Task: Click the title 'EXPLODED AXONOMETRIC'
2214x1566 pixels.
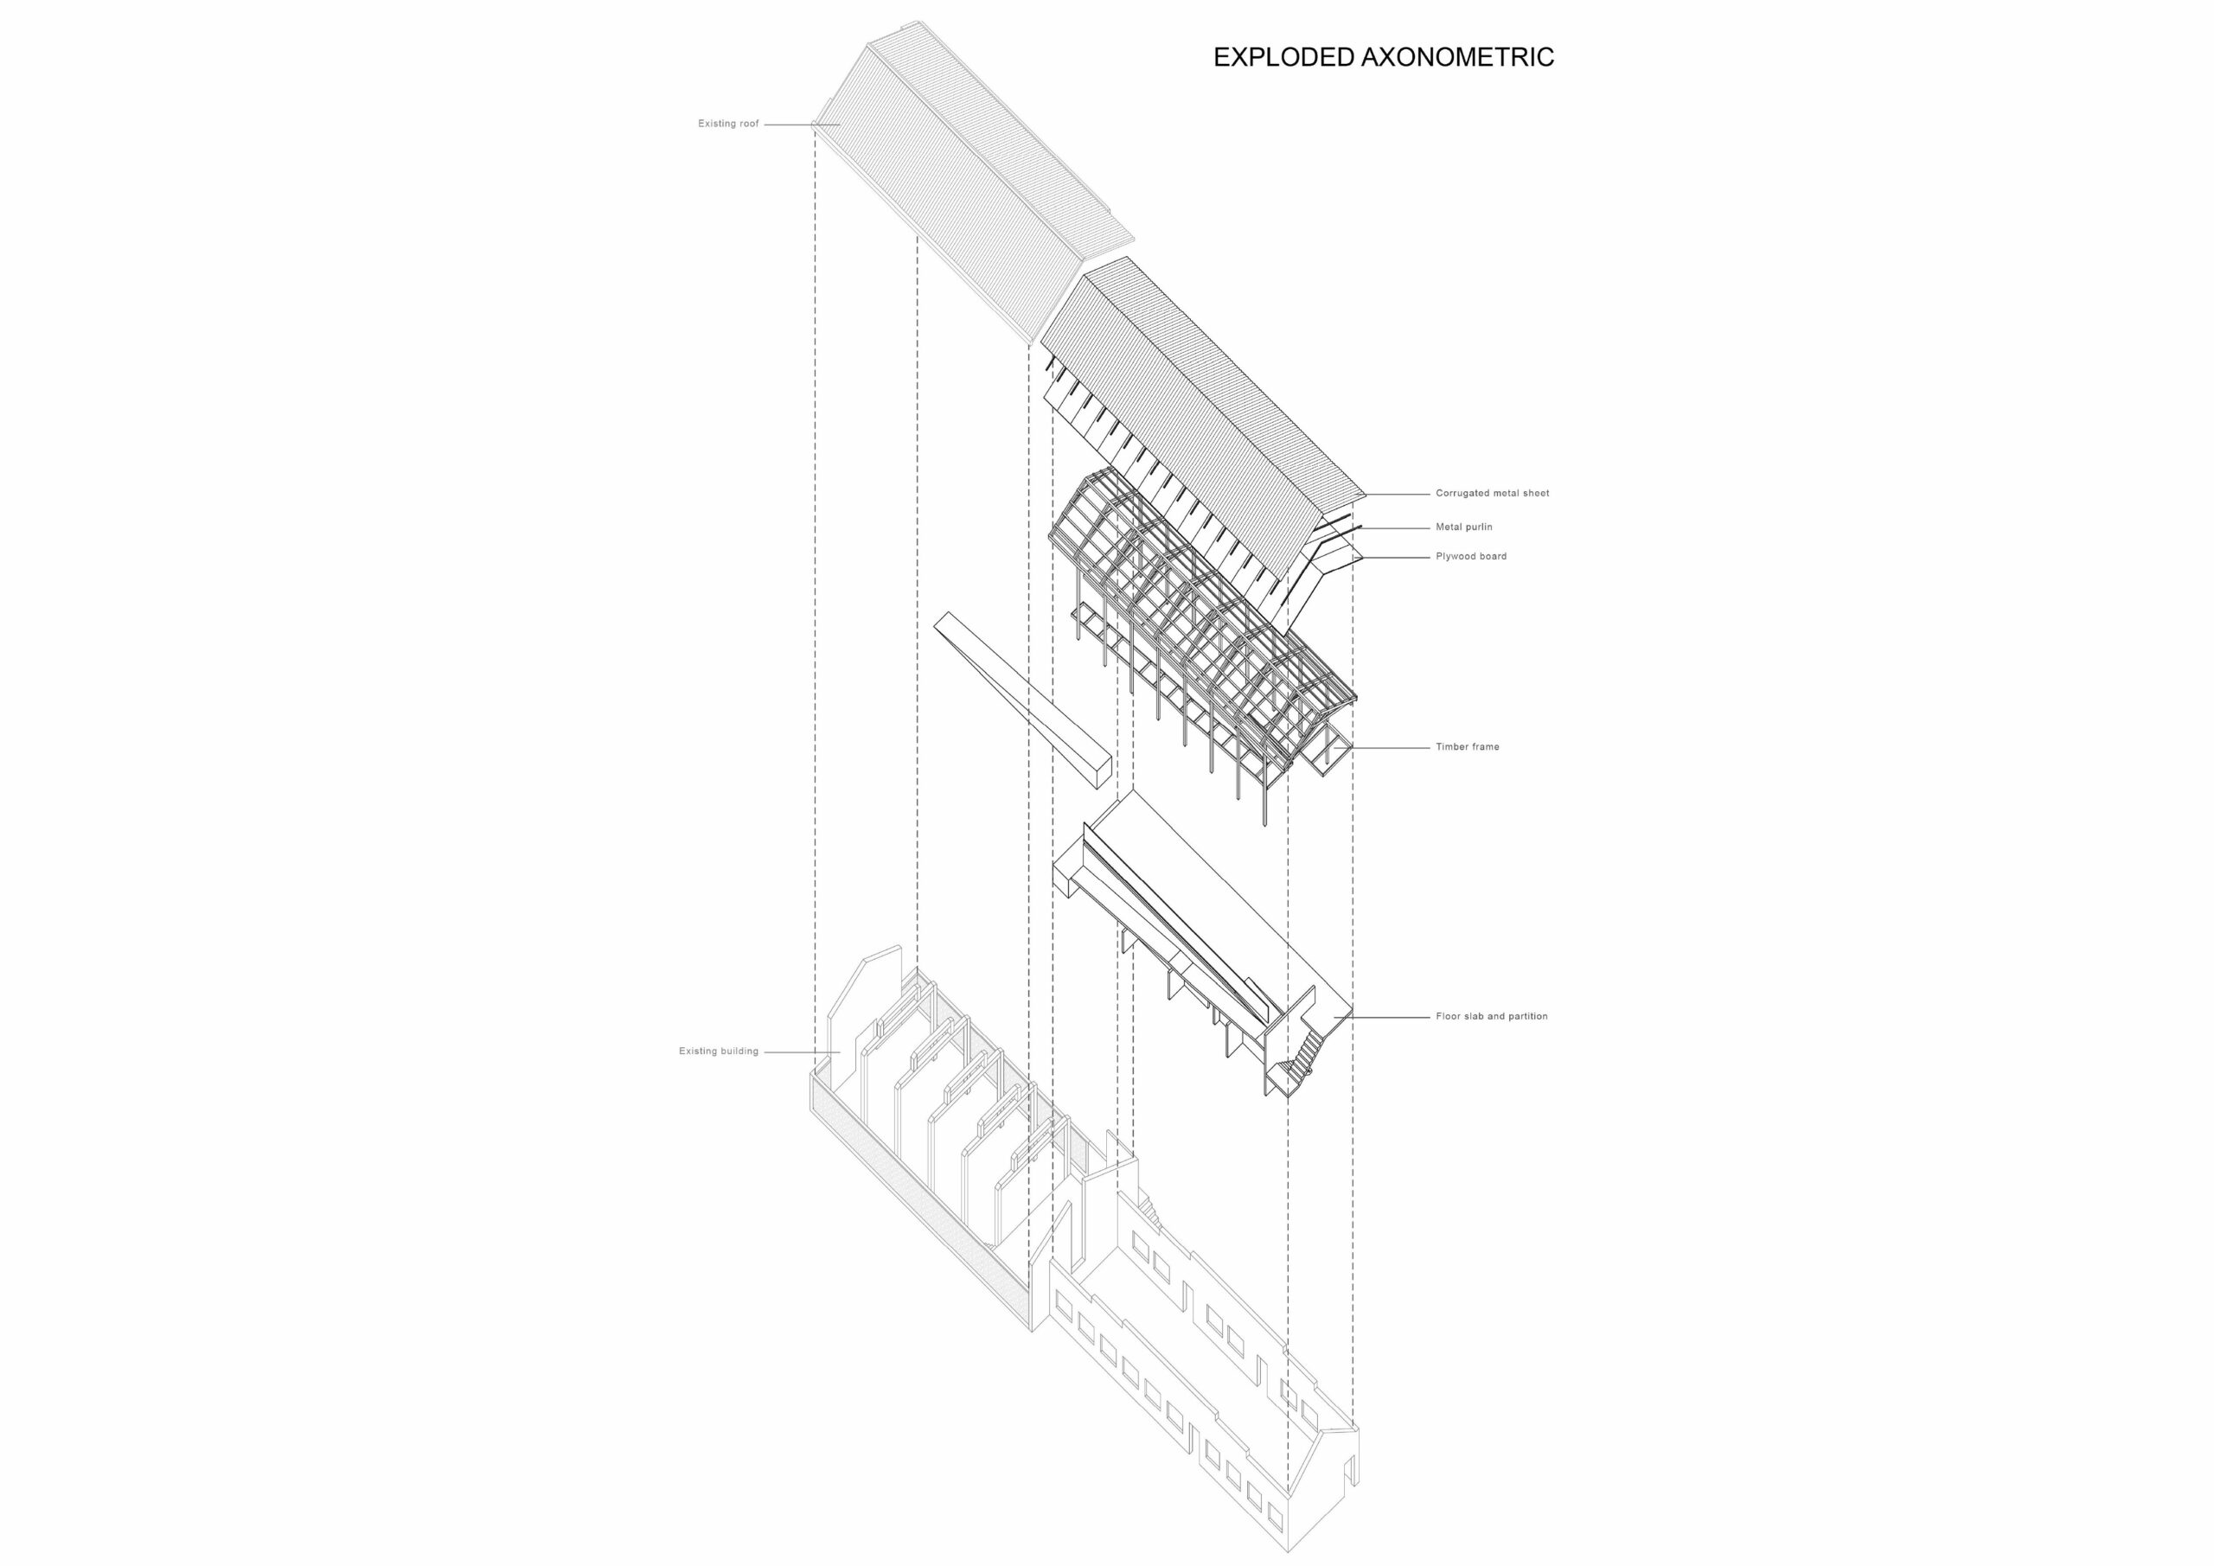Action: (1383, 58)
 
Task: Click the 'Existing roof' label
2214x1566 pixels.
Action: (728, 124)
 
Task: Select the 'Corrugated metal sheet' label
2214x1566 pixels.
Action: (1492, 494)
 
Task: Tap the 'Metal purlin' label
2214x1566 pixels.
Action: (1464, 527)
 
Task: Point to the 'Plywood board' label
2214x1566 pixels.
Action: (1470, 556)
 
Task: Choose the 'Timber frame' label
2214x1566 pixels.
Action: (1467, 746)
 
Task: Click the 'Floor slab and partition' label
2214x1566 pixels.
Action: (1491, 1016)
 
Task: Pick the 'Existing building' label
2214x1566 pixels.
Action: (719, 1051)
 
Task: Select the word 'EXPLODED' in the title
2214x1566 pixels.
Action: (1283, 58)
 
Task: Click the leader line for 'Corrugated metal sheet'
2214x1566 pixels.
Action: (1398, 494)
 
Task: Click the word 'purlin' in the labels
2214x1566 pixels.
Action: (1478, 527)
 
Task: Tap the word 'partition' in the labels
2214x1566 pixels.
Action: (1526, 1016)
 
